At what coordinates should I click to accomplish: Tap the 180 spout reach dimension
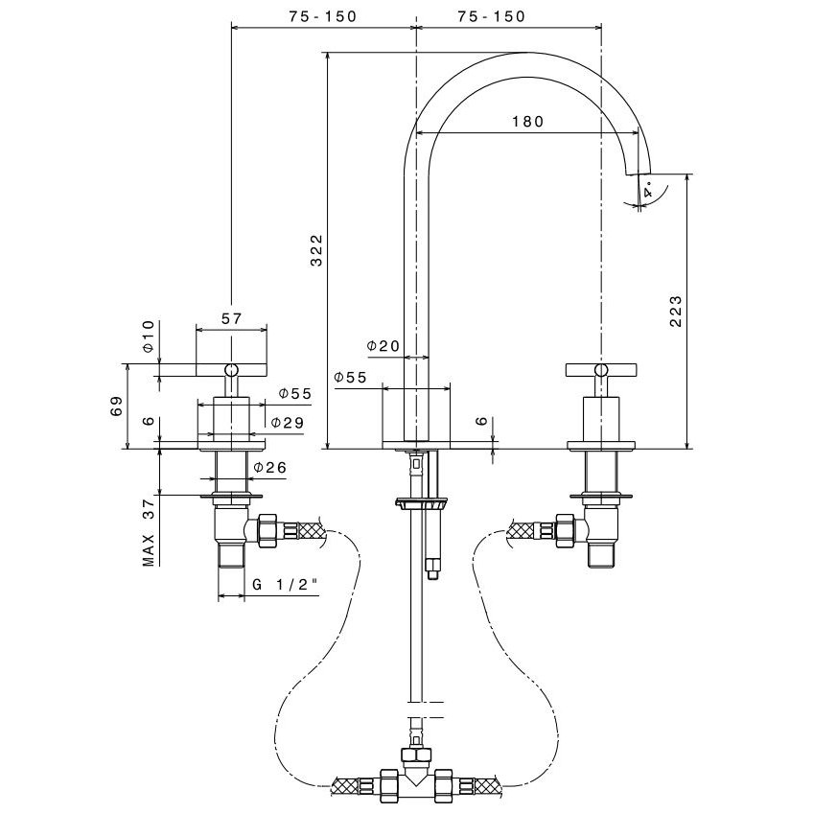[526, 122]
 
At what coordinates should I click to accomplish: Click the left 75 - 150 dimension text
[320, 16]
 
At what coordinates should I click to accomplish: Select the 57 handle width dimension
[231, 319]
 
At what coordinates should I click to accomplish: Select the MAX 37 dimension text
[149, 533]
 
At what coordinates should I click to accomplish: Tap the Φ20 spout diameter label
[383, 346]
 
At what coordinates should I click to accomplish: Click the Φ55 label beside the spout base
[351, 378]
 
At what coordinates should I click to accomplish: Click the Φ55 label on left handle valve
[294, 394]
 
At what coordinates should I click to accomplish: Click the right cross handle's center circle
[600, 369]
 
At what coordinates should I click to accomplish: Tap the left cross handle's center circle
[231, 369]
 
